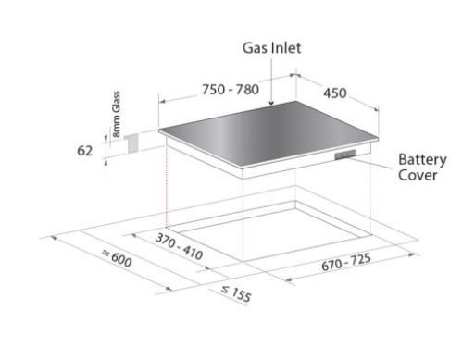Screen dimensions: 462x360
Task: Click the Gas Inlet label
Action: point(271,48)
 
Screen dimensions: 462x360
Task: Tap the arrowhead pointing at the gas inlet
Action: point(271,103)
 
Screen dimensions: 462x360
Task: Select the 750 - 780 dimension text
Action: point(231,90)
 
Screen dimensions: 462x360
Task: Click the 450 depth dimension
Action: point(335,93)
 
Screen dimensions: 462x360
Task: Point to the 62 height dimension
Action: point(84,151)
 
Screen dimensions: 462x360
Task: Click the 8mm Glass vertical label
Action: point(117,114)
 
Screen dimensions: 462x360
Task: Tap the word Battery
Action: point(422,160)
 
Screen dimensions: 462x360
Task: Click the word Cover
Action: point(418,175)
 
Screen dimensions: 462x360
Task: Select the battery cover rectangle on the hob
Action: point(345,155)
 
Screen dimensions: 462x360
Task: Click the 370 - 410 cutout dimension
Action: point(179,246)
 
